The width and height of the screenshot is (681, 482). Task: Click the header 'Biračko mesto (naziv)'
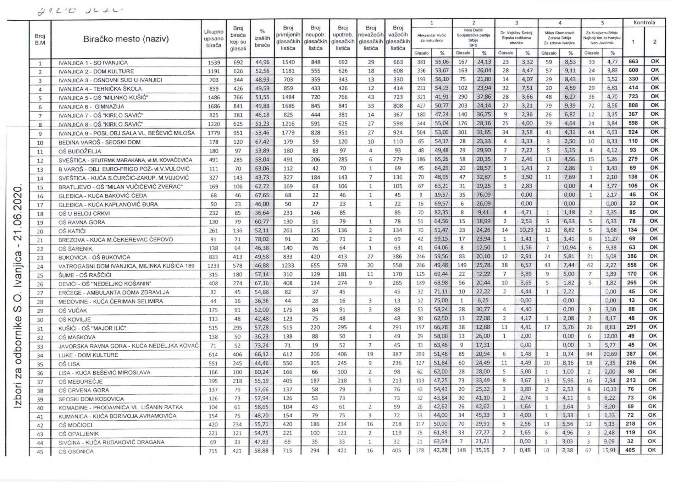click(126, 39)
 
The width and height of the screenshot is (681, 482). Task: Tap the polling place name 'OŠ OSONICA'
click(76, 451)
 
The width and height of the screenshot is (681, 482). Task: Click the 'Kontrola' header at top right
click(644, 23)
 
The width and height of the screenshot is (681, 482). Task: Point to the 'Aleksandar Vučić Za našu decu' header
click(431, 38)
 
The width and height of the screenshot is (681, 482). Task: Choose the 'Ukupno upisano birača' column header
click(214, 39)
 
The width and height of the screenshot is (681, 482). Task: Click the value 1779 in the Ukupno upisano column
click(214, 133)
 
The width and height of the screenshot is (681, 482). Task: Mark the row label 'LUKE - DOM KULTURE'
click(88, 355)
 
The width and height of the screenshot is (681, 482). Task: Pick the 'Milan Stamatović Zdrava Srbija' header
click(559, 38)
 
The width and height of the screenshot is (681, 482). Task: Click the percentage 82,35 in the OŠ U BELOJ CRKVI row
click(441, 213)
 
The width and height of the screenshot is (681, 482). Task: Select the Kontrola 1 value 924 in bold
click(633, 132)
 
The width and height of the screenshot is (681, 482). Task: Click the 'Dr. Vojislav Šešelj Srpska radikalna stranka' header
click(516, 38)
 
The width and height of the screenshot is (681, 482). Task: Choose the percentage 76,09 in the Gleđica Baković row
click(484, 195)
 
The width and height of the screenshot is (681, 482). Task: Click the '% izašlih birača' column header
click(262, 38)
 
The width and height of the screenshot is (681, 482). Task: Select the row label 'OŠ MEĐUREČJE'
click(81, 382)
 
